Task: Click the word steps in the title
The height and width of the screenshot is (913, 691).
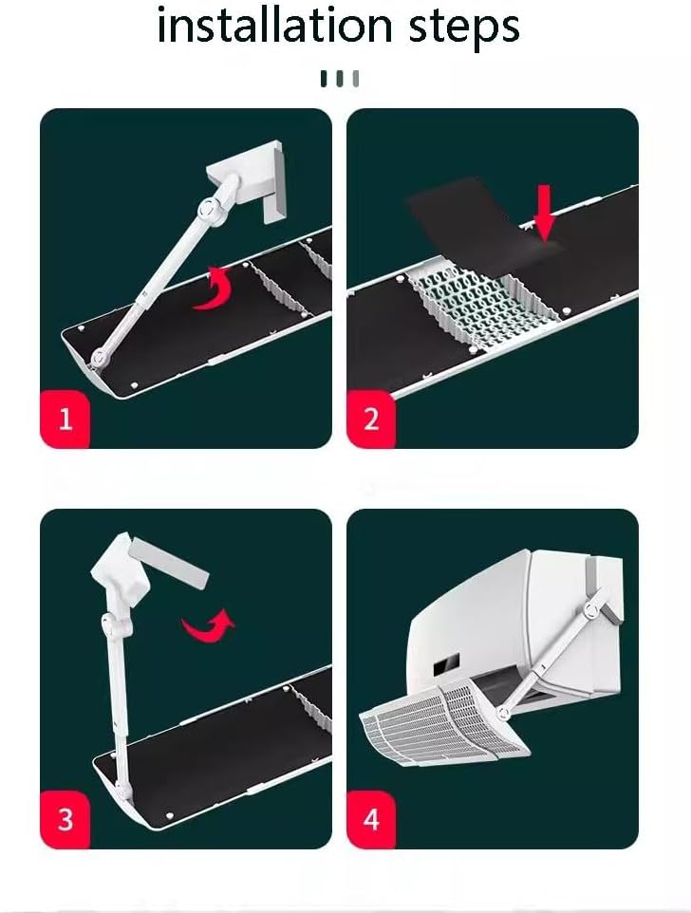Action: tap(464, 27)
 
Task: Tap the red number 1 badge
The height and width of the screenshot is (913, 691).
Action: tap(65, 419)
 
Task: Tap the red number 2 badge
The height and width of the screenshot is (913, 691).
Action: tap(371, 419)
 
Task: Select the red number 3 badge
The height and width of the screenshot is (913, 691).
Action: tap(65, 819)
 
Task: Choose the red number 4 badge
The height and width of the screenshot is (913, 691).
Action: tap(371, 819)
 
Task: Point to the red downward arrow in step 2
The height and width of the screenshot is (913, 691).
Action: tap(544, 213)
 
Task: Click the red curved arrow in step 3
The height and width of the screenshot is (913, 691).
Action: tap(210, 625)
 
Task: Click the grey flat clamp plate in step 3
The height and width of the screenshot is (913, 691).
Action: tap(169, 562)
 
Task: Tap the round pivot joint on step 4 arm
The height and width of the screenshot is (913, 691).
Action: tap(592, 609)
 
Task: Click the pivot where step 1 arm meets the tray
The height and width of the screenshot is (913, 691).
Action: tap(99, 358)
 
